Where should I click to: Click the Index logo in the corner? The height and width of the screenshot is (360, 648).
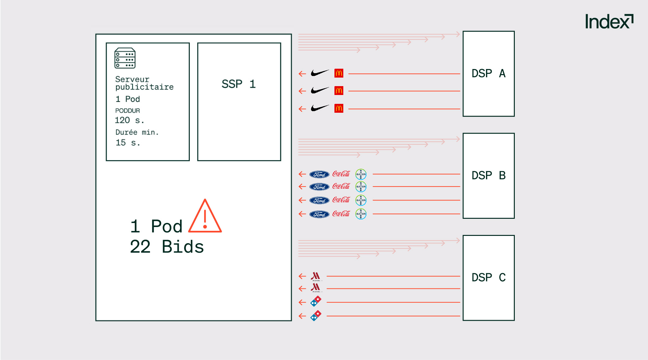(x=609, y=22)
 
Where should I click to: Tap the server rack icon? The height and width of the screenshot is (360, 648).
(x=125, y=58)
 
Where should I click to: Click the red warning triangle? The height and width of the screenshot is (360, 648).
(x=205, y=217)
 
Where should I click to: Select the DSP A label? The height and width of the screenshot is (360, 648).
(x=489, y=73)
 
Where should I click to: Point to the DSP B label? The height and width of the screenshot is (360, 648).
(x=489, y=175)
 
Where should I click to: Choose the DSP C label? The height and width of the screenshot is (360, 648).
(x=489, y=277)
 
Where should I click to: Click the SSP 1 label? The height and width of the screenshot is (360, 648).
(x=239, y=84)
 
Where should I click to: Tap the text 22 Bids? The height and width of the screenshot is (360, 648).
(x=167, y=247)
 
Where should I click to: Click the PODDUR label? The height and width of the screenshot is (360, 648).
(x=128, y=111)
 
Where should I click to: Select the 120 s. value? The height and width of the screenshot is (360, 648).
(x=129, y=120)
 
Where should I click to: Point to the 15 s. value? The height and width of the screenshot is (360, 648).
(x=128, y=143)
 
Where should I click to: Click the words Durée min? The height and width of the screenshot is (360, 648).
(x=137, y=132)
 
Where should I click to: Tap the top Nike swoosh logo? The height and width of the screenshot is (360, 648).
(x=320, y=73)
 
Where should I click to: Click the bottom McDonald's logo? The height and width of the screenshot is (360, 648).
(x=339, y=109)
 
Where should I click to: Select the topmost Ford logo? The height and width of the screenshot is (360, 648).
(x=319, y=174)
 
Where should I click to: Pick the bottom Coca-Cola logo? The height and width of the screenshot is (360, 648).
(x=341, y=214)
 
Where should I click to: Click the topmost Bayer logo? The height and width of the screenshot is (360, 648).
(x=361, y=174)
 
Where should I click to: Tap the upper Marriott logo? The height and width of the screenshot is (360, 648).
(x=315, y=276)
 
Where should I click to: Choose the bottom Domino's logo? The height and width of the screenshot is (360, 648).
(x=316, y=316)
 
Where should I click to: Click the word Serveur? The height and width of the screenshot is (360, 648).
(x=132, y=79)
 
